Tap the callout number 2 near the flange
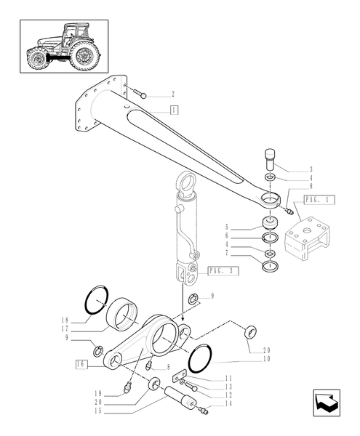tap(172, 94)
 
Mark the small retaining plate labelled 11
tap(179, 378)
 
